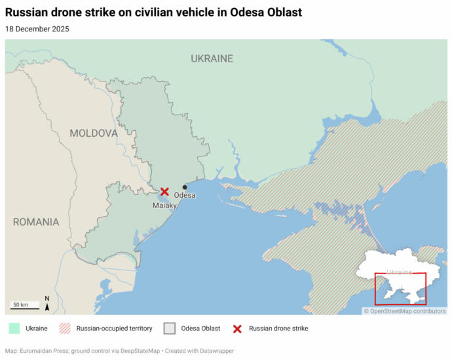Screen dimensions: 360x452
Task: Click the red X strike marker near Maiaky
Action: point(164,192)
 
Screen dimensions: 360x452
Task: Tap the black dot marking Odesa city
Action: point(185,187)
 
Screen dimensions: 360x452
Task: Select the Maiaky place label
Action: point(164,206)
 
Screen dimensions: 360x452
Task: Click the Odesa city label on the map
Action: point(185,195)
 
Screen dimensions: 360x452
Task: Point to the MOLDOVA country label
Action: point(94,133)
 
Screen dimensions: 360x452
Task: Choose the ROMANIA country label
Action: point(36,222)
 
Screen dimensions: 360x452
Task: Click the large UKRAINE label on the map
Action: point(212,58)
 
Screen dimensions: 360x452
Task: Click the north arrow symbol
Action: point(47,303)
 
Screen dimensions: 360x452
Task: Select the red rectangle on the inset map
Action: point(400,289)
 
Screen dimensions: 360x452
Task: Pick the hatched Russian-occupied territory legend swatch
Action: point(65,328)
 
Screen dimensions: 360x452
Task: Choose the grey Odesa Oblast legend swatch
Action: point(170,328)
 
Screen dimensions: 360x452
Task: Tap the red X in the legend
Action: point(237,328)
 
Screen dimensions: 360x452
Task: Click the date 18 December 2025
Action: point(37,29)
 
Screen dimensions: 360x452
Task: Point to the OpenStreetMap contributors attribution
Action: point(405,311)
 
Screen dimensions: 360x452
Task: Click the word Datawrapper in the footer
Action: point(214,351)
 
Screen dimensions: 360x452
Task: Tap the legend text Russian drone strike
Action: point(278,328)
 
